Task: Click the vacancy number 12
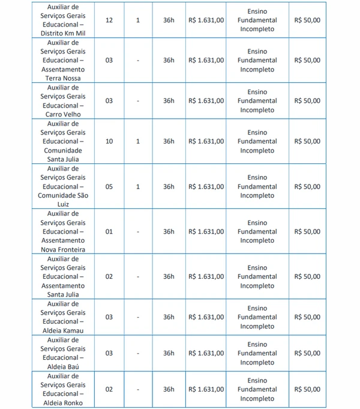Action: point(109,20)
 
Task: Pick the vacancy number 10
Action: point(109,141)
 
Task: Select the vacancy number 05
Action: point(109,187)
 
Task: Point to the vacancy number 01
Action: point(109,231)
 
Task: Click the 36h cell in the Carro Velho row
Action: point(169,101)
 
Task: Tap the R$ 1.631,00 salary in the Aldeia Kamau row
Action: point(206,317)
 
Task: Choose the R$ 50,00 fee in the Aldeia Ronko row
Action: point(307,389)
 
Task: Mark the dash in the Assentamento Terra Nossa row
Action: point(138,60)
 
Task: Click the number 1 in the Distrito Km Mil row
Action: point(138,20)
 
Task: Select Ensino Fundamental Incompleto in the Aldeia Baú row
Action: point(257,353)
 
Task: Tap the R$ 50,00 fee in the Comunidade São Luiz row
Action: point(307,187)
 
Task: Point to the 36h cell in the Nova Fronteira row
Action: point(169,231)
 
